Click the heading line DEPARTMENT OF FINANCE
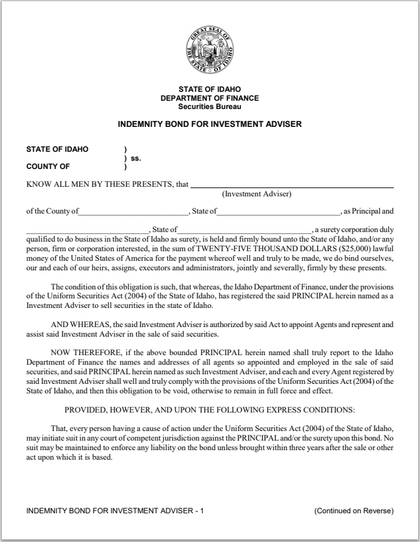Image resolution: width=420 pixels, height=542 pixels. [x=210, y=98]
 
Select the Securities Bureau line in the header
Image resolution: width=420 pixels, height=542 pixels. [x=210, y=106]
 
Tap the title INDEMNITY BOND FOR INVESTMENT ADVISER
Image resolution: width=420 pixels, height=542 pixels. [x=210, y=124]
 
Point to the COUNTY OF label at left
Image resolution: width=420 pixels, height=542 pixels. [x=48, y=167]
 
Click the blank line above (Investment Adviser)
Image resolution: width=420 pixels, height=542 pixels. [x=291, y=186]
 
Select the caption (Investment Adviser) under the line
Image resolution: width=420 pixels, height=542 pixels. [x=256, y=194]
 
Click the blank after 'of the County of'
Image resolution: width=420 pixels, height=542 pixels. [x=134, y=212]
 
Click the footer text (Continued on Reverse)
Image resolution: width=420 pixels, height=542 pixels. [x=354, y=511]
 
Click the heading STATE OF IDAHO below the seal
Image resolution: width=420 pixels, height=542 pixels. [x=210, y=89]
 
